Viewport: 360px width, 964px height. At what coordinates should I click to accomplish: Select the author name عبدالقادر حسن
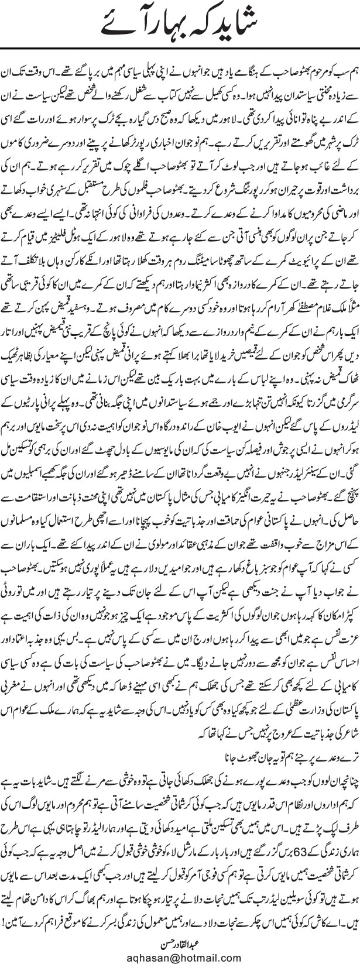[x=180, y=941]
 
